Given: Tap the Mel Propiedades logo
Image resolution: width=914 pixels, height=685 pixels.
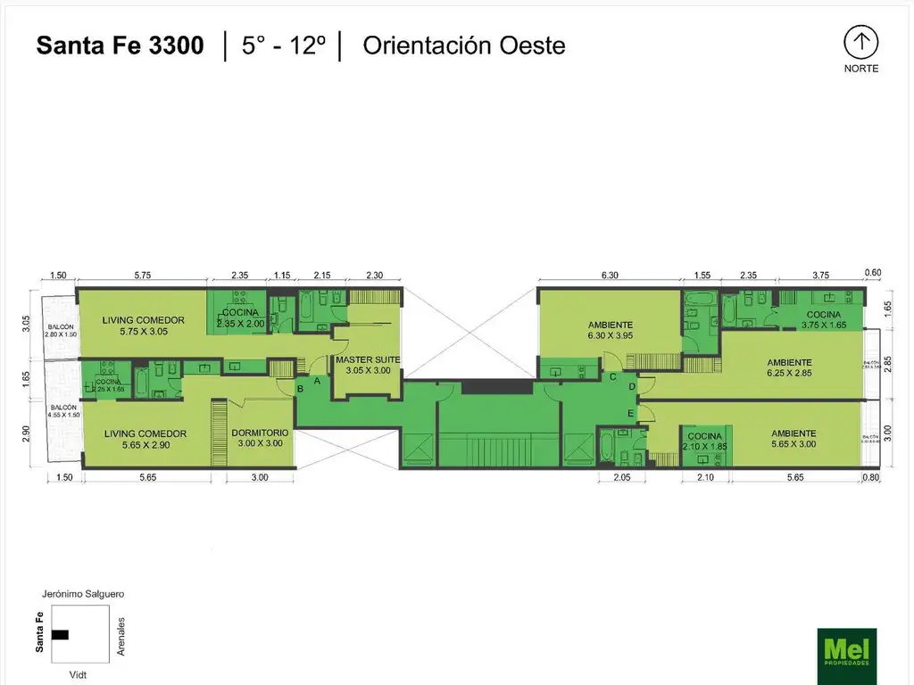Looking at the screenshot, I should [846, 656].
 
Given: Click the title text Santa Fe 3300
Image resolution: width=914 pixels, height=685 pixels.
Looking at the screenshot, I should [120, 45].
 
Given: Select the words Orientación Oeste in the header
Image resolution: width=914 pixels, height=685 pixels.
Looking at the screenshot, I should [463, 45].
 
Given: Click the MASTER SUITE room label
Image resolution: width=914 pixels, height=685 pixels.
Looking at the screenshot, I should [368, 365].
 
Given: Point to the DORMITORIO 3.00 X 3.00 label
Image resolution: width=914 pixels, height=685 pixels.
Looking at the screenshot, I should [260, 438].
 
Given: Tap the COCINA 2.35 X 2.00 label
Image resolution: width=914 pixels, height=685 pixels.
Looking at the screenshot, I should [241, 318].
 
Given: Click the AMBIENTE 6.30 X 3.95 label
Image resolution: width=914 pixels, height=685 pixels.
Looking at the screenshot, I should [611, 330].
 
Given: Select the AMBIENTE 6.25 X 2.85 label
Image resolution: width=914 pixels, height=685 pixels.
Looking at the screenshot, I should [790, 368].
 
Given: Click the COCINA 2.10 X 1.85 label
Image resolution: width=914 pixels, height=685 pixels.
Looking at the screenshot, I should [704, 442].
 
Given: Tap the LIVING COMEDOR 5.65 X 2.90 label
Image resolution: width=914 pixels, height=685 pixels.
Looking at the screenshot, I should [144, 439].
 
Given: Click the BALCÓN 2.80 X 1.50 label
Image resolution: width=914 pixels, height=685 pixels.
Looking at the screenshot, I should [61, 330].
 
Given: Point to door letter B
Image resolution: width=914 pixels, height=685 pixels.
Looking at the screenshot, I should [301, 388].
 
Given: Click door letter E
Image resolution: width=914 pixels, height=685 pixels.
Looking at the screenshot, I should [630, 414].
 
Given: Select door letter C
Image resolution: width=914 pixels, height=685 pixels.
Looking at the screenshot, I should [612, 376].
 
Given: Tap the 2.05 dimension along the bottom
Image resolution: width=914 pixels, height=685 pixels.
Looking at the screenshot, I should [621, 478].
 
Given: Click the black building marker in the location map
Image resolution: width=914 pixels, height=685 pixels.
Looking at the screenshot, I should [60, 634].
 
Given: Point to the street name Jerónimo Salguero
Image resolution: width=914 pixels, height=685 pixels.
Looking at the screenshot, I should [82, 593].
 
